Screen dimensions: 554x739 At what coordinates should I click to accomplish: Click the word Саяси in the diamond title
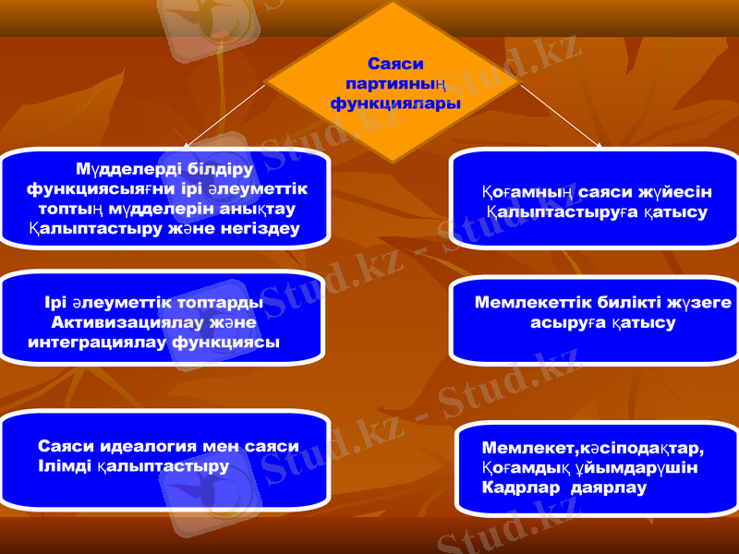394,65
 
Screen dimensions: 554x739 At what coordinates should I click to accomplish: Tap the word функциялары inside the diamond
394,103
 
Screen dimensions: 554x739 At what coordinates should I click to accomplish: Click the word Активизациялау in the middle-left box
115,322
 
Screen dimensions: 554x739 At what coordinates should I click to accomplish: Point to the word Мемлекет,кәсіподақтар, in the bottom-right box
592,449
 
